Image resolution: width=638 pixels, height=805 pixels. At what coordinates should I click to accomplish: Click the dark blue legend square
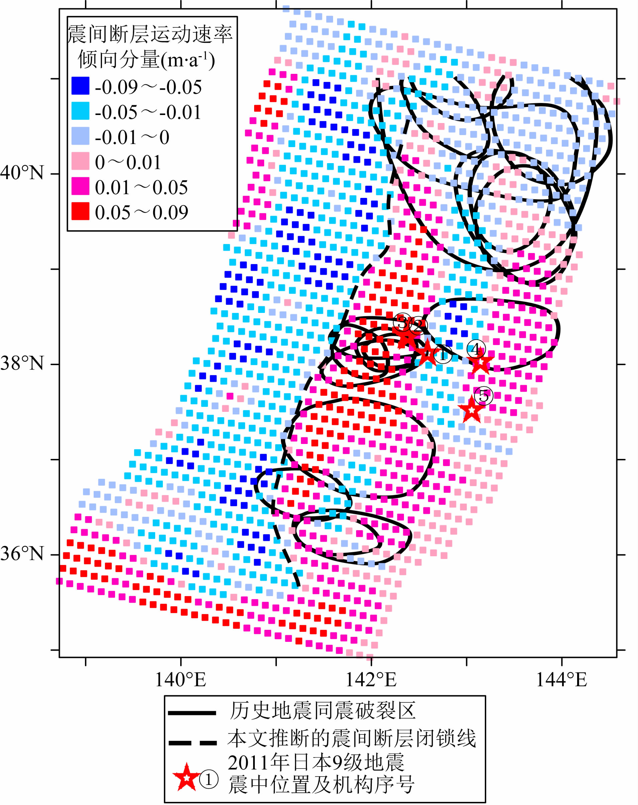(x=80, y=86)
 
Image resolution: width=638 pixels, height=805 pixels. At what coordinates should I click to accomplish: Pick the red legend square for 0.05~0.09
(x=80, y=211)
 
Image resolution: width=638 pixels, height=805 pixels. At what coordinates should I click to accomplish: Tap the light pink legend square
(x=80, y=161)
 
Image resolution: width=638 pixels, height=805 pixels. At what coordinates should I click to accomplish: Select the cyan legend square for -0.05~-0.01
(x=80, y=111)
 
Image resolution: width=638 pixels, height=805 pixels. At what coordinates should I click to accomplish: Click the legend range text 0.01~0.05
(x=141, y=188)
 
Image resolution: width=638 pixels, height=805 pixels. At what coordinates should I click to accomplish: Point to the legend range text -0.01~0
(x=132, y=137)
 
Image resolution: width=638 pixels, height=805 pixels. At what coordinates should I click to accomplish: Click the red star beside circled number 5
(x=471, y=410)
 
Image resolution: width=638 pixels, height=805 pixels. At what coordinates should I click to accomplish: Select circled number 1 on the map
(x=443, y=354)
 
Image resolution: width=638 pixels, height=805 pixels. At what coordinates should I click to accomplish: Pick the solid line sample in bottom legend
(x=192, y=713)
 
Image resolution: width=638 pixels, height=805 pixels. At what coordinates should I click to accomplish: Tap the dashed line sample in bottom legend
(x=192, y=743)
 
